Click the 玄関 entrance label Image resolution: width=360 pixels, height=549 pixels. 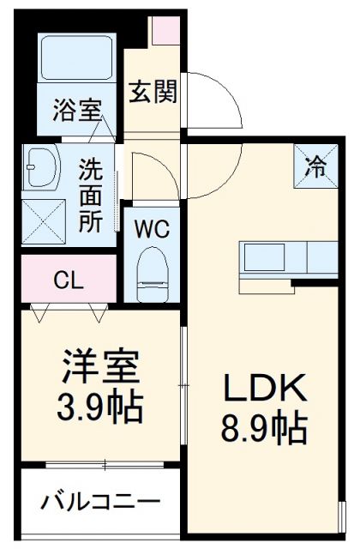pyautogui.click(x=154, y=90)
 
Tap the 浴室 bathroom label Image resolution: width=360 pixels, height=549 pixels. pyautogui.click(x=77, y=110)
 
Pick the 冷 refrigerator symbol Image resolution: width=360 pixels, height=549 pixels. pyautogui.click(x=316, y=165)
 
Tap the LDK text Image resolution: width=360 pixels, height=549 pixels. pyautogui.click(x=265, y=390)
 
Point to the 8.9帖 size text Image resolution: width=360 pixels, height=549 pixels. pyautogui.click(x=266, y=428)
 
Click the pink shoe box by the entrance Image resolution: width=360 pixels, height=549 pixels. pyautogui.click(x=162, y=32)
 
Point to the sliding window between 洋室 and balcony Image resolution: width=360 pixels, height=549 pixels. pyautogui.click(x=104, y=465)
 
